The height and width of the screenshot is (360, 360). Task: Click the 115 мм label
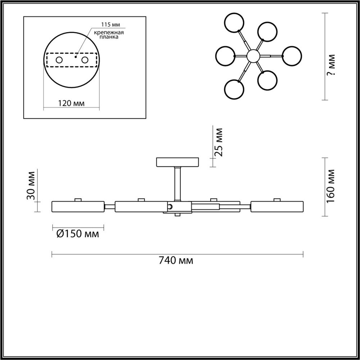pyautogui.click(x=111, y=25)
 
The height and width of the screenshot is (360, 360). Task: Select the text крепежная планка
pyautogui.click(x=109, y=35)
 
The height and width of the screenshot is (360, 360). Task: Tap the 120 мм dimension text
pyautogui.click(x=71, y=103)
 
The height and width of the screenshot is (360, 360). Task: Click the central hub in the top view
pyautogui.click(x=253, y=56)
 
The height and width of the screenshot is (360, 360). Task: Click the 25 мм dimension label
pyautogui.click(x=219, y=142)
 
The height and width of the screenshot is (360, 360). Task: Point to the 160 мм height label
pyautogui.click(x=331, y=186)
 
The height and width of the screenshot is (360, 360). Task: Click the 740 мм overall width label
pyautogui.click(x=176, y=260)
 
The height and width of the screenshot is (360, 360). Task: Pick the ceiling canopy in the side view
pyautogui.click(x=177, y=162)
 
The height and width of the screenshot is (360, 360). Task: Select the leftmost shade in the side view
pyautogui.click(x=78, y=207)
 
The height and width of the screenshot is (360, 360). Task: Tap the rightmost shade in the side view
pyautogui.click(x=276, y=207)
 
